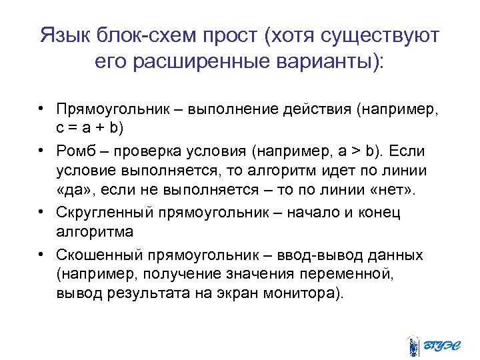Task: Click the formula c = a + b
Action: click(89, 127)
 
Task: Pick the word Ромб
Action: click(75, 151)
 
